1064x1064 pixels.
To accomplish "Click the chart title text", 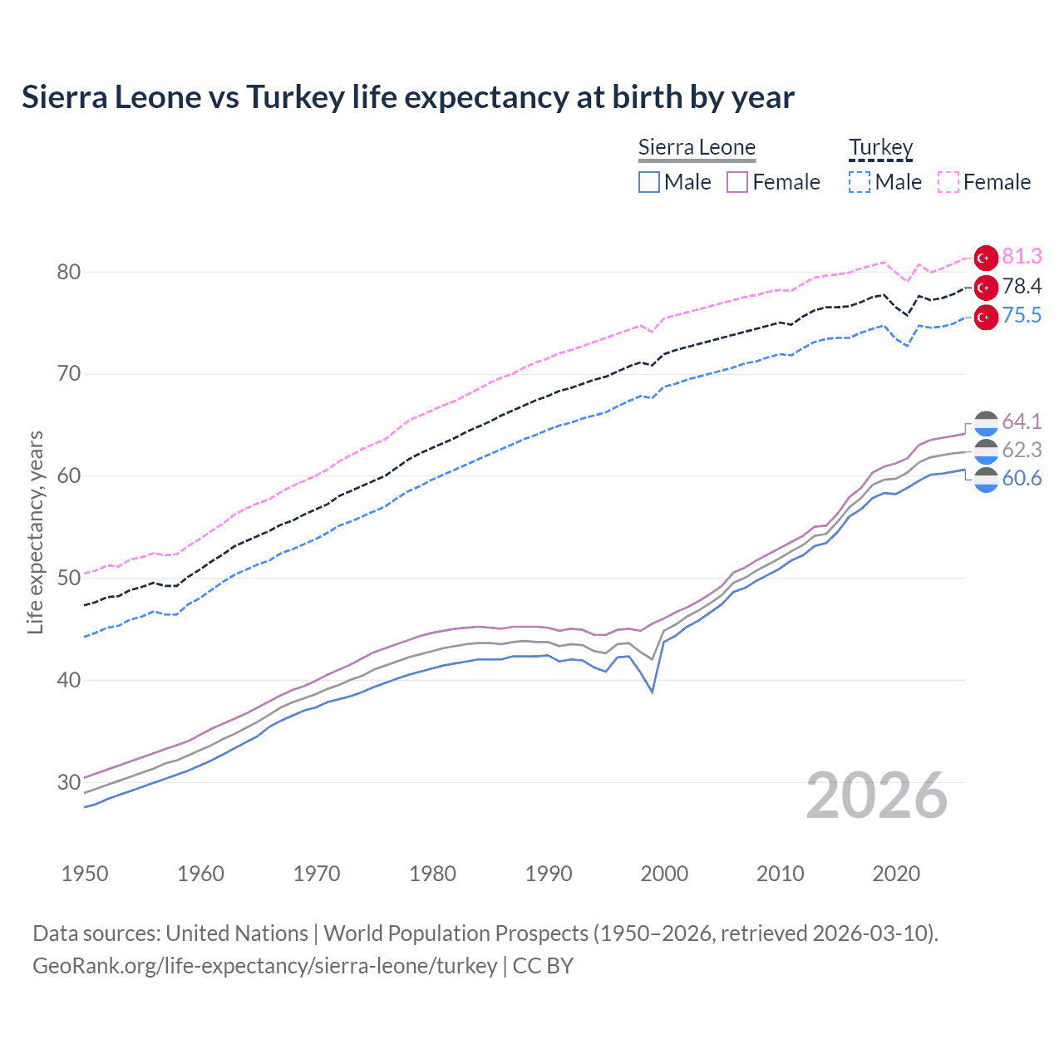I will click(x=407, y=97).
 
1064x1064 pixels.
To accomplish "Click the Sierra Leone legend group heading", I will click(x=697, y=147).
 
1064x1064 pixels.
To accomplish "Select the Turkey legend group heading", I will click(x=880, y=147).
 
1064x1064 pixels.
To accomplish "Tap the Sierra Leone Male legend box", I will click(x=649, y=182).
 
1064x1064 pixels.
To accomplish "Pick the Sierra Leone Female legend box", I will click(x=737, y=182).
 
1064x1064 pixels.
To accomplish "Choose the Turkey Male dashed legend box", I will click(x=860, y=182).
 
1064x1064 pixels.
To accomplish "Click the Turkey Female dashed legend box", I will click(x=948, y=182).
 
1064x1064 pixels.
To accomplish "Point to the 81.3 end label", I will click(x=1022, y=256).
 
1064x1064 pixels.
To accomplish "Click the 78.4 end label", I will click(x=1022, y=287).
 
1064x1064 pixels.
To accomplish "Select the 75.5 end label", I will click(x=1022, y=316).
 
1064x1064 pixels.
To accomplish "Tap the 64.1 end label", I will click(x=1022, y=421).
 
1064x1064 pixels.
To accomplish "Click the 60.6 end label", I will click(x=1022, y=479).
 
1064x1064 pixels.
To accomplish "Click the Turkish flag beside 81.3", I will click(x=986, y=258).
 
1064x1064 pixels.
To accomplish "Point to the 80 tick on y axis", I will click(x=69, y=272).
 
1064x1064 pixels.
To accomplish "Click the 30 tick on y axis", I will click(x=69, y=782).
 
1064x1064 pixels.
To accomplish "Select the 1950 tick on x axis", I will click(x=85, y=874).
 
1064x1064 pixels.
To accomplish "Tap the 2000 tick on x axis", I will click(x=664, y=874).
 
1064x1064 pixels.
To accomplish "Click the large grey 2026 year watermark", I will click(x=876, y=796).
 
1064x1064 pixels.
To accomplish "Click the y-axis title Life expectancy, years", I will click(x=35, y=532).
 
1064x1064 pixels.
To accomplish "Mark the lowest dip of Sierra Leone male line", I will click(x=653, y=692).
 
